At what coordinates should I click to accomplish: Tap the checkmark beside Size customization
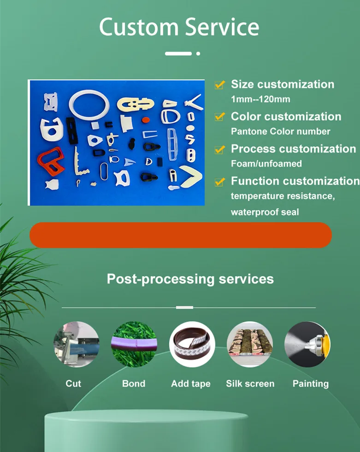(220, 85)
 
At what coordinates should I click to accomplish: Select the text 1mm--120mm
(260, 99)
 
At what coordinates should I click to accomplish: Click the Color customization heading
(286, 117)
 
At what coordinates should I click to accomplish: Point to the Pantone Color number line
(280, 131)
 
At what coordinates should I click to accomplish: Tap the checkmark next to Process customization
(220, 149)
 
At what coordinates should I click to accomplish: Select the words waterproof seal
(265, 212)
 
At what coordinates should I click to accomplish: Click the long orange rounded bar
(180, 235)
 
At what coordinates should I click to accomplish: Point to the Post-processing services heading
(190, 279)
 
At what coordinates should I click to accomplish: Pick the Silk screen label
(250, 384)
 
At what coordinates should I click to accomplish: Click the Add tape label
(190, 384)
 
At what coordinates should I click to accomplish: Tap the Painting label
(310, 384)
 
